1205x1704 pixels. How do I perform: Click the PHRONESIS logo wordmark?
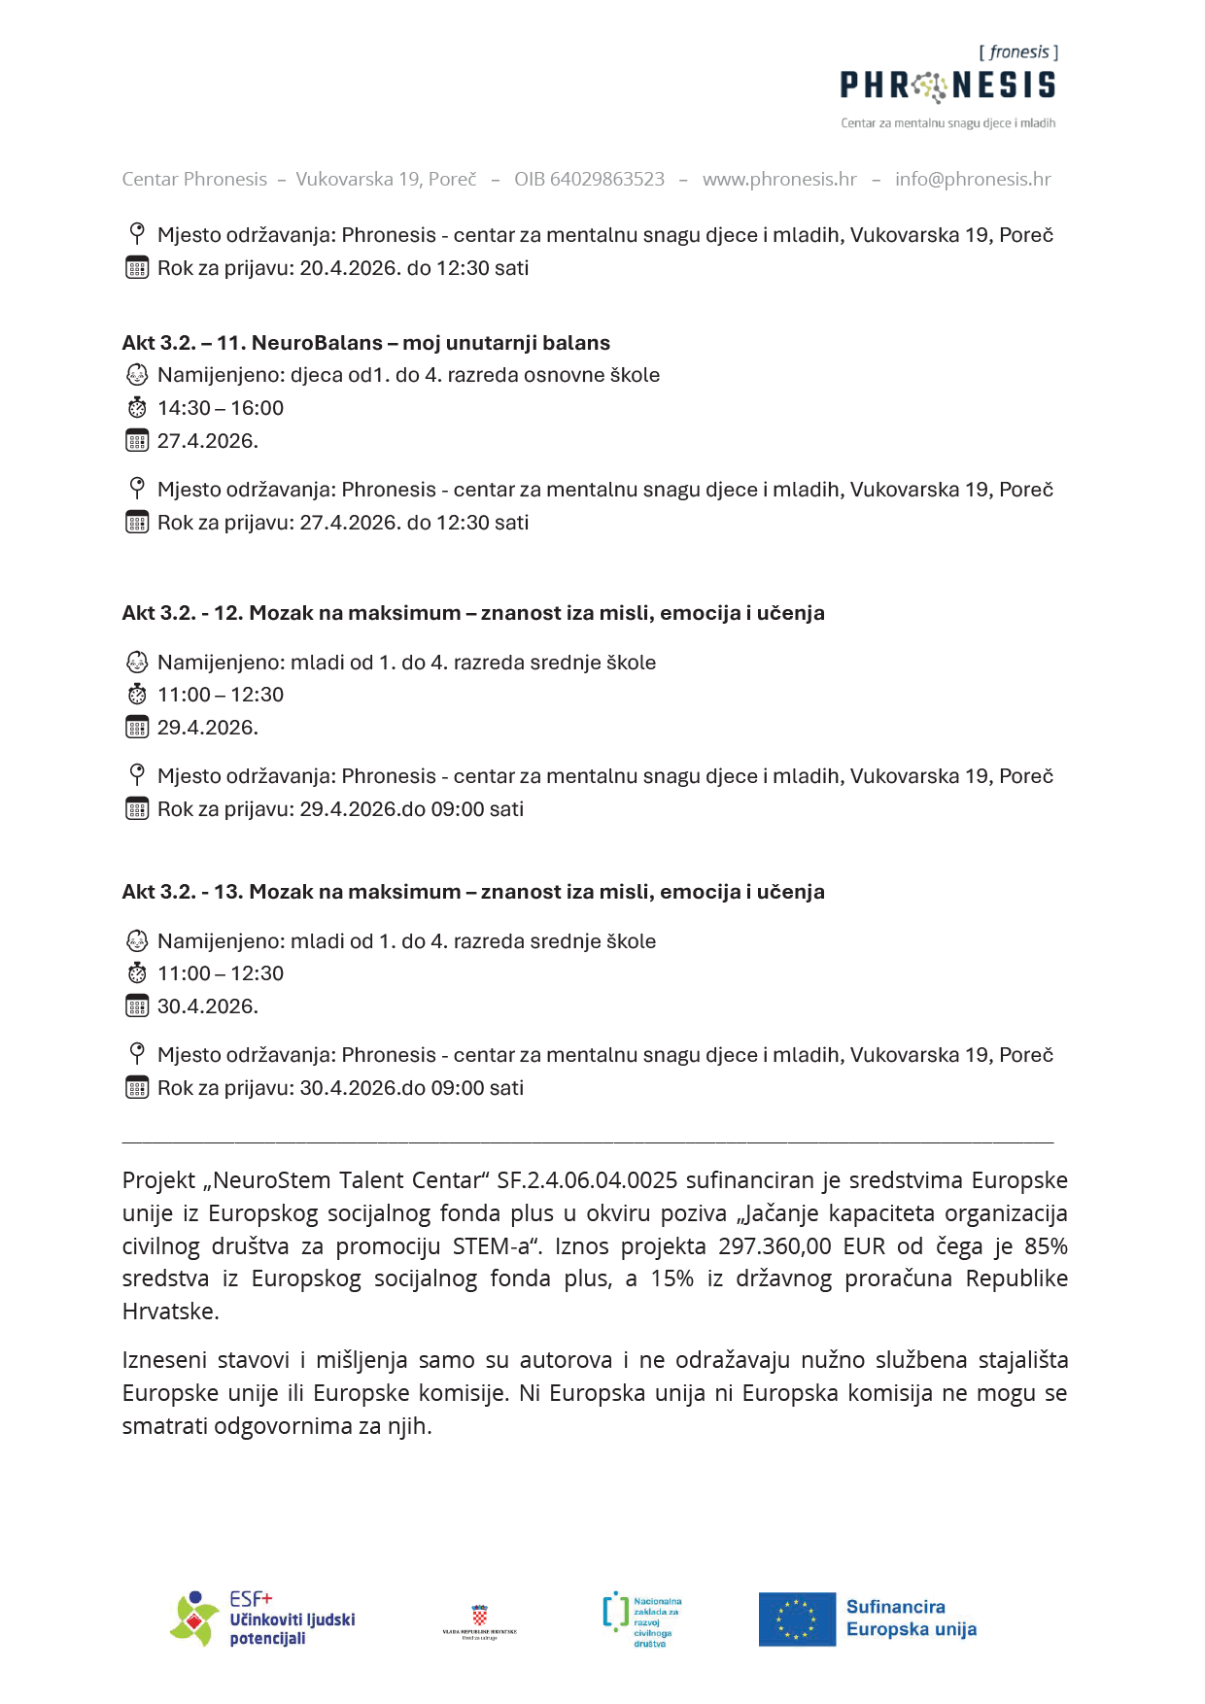point(947,85)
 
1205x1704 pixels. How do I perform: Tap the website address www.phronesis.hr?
point(779,179)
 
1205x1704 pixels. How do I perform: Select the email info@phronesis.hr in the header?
point(973,179)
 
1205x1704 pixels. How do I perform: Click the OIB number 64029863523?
point(589,179)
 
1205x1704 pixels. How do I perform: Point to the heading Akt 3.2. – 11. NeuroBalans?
point(365,343)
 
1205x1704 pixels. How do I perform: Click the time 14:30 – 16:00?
point(221,408)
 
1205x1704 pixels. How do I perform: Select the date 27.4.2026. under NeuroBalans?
point(208,441)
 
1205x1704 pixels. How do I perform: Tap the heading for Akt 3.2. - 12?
point(472,613)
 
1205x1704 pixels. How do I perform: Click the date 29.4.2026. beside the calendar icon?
point(208,728)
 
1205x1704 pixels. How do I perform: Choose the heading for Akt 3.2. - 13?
point(472,892)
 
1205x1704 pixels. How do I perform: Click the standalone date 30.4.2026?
point(208,1006)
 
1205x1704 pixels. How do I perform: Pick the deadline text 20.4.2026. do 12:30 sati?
point(414,268)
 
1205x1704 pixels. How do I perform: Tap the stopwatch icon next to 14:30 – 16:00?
point(137,408)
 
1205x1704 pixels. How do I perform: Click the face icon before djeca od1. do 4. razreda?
point(137,375)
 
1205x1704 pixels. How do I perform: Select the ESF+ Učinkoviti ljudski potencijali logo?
point(262,1619)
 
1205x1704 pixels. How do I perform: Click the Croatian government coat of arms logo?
point(479,1619)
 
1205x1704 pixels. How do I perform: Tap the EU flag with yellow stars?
point(797,1619)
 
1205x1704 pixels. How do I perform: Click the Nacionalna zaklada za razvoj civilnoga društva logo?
point(642,1619)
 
